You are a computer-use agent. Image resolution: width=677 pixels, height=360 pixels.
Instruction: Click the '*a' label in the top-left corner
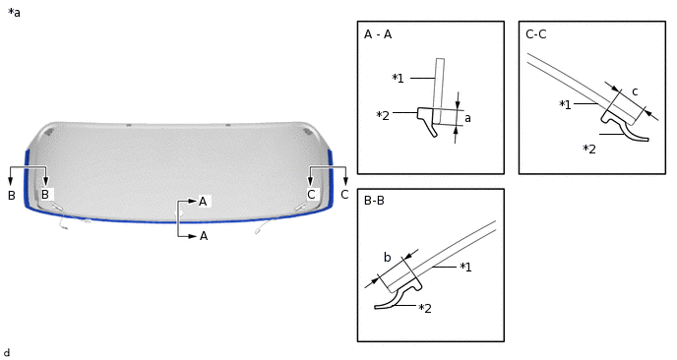pyautogui.click(x=14, y=13)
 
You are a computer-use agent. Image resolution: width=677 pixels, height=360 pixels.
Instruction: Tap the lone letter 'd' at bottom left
pyautogui.click(x=7, y=352)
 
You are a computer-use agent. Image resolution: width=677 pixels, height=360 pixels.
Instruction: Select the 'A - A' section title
pyautogui.click(x=378, y=34)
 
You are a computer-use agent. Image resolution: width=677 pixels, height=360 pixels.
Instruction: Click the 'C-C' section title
pyautogui.click(x=536, y=34)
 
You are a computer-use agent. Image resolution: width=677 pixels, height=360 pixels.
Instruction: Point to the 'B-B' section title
pyautogui.click(x=375, y=201)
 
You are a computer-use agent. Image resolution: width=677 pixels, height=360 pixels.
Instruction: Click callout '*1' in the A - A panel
pyautogui.click(x=398, y=78)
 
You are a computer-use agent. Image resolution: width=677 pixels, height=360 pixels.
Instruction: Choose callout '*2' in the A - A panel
pyautogui.click(x=383, y=115)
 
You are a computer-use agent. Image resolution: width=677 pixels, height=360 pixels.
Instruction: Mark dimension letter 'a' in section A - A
pyautogui.click(x=467, y=118)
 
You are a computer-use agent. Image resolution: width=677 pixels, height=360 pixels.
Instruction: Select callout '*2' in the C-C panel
pyautogui.click(x=588, y=150)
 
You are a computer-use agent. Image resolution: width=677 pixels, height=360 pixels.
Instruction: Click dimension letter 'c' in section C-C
pyautogui.click(x=635, y=91)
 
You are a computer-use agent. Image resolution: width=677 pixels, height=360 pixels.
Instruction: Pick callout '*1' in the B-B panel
pyautogui.click(x=466, y=267)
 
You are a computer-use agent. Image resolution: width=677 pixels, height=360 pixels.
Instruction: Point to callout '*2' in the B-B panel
pyautogui.click(x=425, y=309)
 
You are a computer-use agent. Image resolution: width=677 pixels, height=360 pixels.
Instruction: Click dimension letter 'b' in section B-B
pyautogui.click(x=387, y=258)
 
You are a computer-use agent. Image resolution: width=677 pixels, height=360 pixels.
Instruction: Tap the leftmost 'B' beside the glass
pyautogui.click(x=12, y=195)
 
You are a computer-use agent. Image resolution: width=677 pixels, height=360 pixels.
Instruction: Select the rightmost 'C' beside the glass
pyautogui.click(x=344, y=195)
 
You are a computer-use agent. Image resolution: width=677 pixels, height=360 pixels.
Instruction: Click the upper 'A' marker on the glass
pyautogui.click(x=203, y=201)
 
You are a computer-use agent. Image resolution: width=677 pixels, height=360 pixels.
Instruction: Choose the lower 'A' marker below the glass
pyautogui.click(x=203, y=236)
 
